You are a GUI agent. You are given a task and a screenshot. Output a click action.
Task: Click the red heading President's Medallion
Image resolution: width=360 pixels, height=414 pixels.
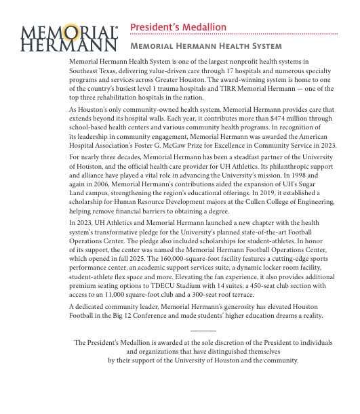[178, 27]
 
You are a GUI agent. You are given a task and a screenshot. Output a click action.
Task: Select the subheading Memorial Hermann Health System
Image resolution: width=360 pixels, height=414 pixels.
[205, 46]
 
